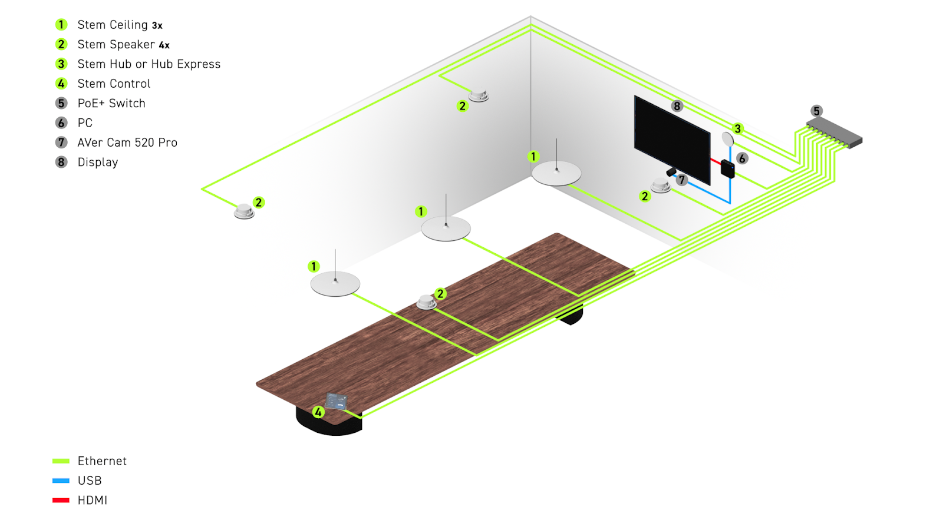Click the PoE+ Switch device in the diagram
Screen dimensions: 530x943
tap(834, 132)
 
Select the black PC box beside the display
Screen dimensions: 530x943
tap(727, 168)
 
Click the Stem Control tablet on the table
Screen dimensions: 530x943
tap(336, 401)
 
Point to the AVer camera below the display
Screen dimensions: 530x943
tap(671, 172)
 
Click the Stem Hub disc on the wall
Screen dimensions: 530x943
tap(728, 140)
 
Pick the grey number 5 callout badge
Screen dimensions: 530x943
tap(816, 111)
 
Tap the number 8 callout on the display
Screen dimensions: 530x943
tap(677, 106)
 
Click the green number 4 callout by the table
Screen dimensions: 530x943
tap(318, 412)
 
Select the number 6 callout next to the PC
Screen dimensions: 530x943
tap(742, 158)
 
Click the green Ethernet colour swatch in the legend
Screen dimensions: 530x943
tap(61, 461)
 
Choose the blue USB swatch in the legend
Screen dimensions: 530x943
tap(61, 481)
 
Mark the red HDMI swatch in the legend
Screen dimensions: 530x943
tap(61, 501)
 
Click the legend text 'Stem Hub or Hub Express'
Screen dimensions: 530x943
tap(149, 64)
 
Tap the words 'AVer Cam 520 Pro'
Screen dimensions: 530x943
tap(127, 143)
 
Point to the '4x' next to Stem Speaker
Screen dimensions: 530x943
tap(164, 45)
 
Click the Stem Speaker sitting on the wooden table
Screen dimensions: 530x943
tap(426, 302)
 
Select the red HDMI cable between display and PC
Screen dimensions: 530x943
tap(716, 161)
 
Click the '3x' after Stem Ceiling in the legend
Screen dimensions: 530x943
tap(157, 26)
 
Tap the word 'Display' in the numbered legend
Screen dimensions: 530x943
tap(98, 163)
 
